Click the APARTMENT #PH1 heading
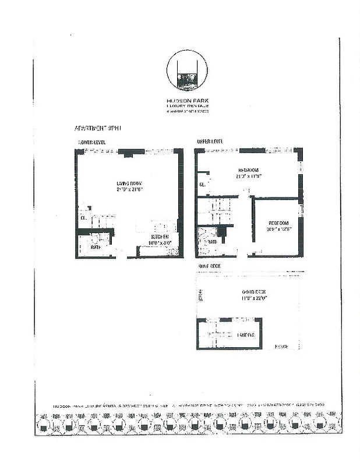pyautogui.click(x=97, y=128)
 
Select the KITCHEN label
pyautogui.click(x=160, y=237)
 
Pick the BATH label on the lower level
pyautogui.click(x=96, y=248)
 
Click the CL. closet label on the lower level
pyautogui.click(x=83, y=218)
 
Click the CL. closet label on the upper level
pyautogui.click(x=202, y=185)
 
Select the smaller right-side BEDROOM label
pyautogui.click(x=278, y=223)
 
